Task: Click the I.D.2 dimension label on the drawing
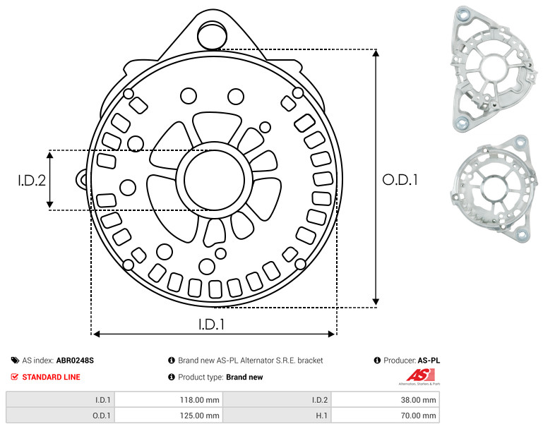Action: [x=32, y=180]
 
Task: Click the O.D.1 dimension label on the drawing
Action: [x=400, y=179]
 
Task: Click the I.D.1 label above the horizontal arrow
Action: [x=211, y=324]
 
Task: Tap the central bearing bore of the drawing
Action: [x=215, y=180]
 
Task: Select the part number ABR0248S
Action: [x=75, y=361]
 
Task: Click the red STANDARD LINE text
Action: [x=52, y=377]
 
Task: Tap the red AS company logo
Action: [x=420, y=376]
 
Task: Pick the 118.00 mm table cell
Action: [x=169, y=400]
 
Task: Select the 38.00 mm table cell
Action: [x=386, y=400]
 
